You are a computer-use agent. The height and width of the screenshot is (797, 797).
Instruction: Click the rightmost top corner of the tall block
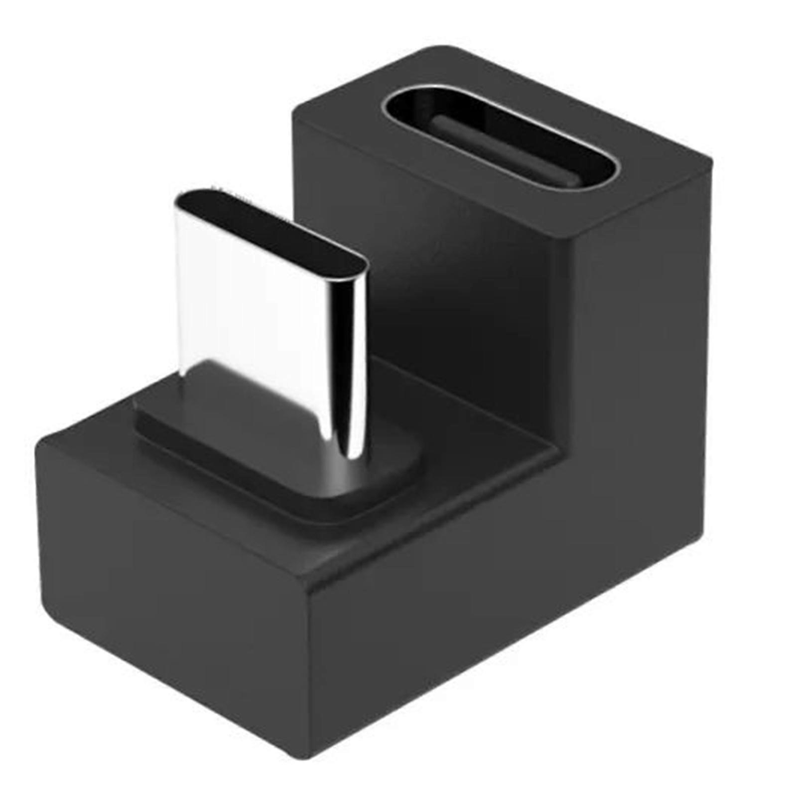(710, 162)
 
